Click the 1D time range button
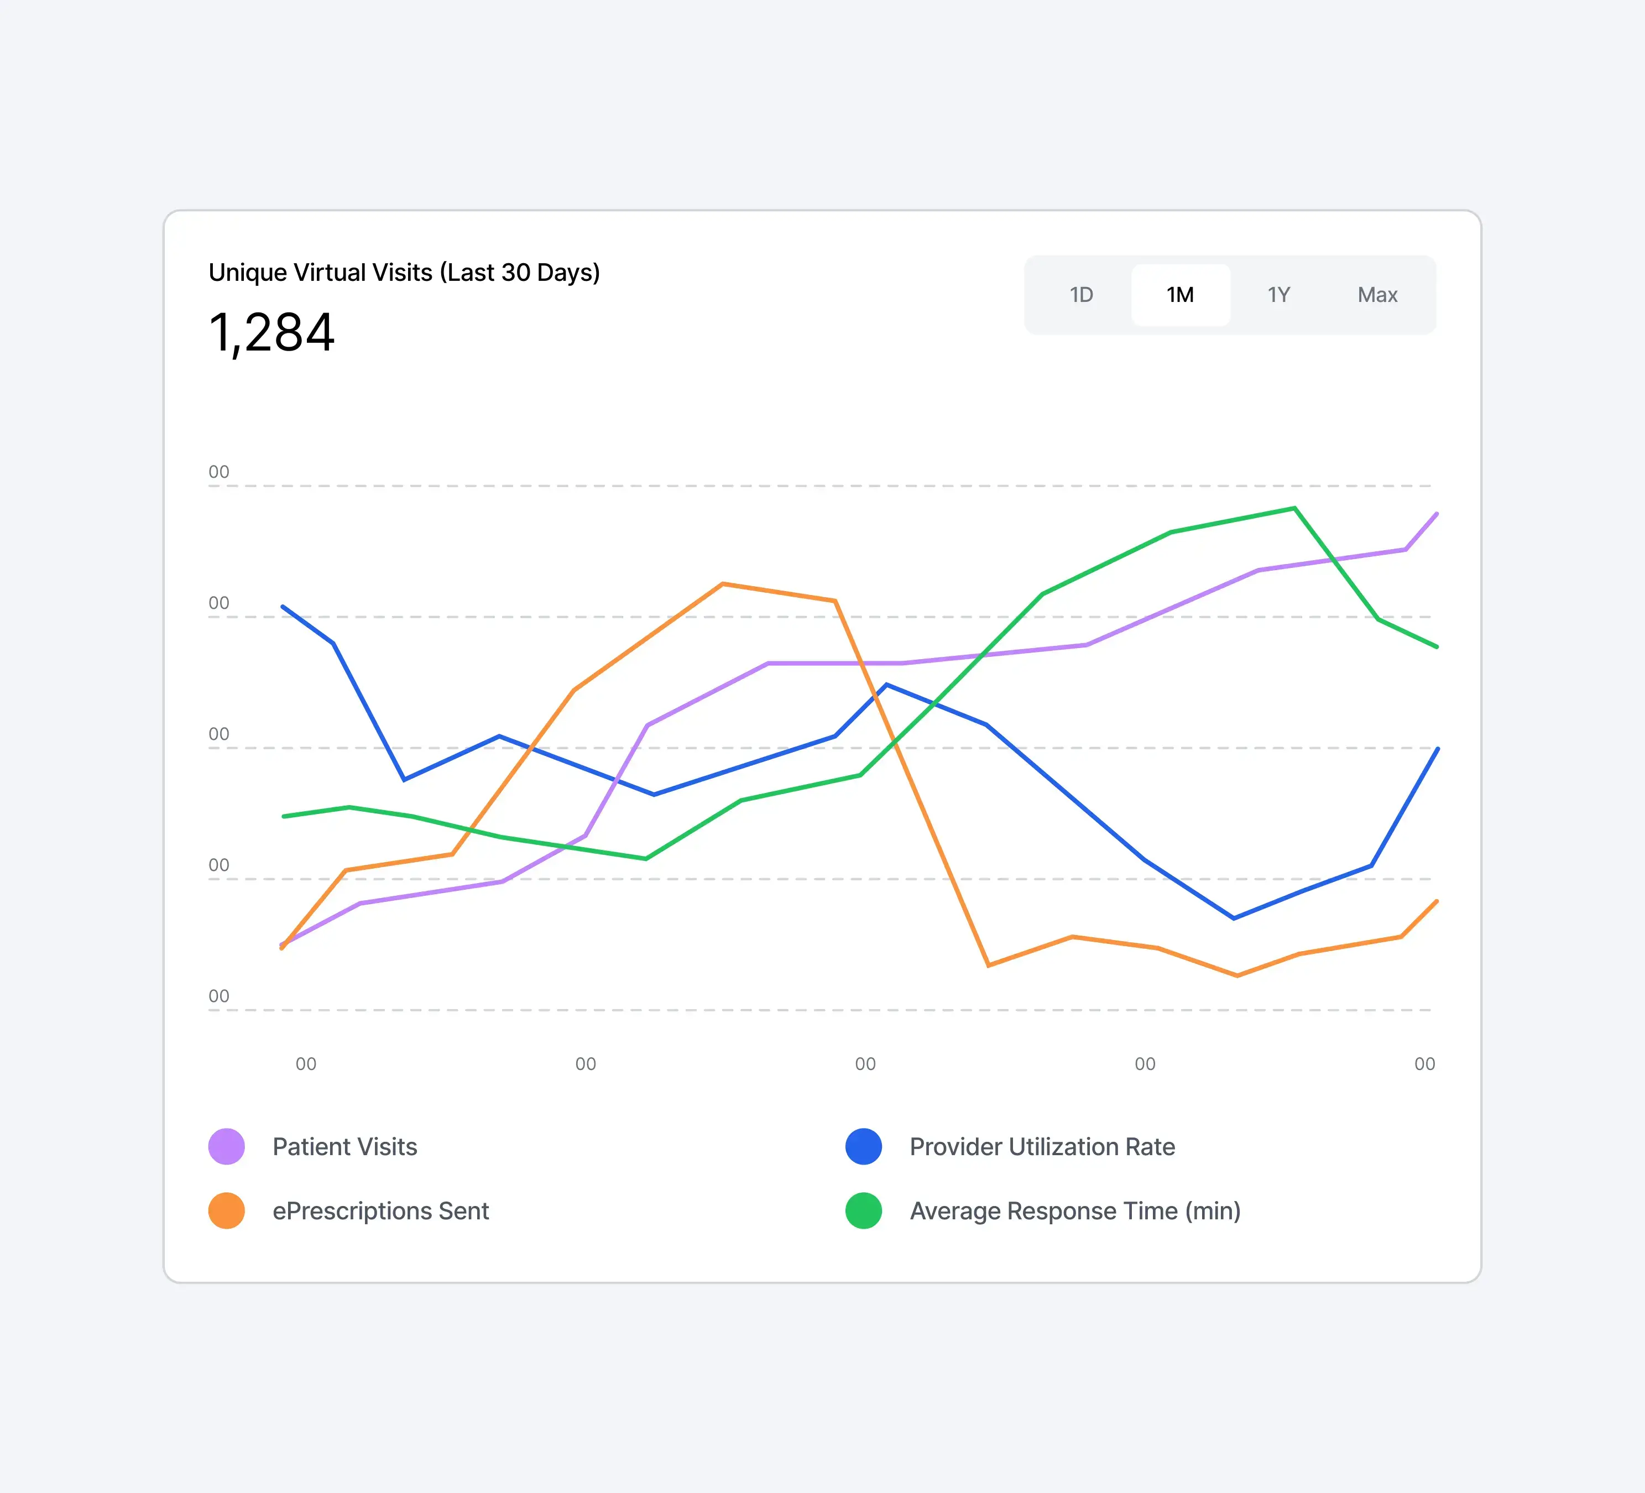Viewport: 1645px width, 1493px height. (x=1081, y=295)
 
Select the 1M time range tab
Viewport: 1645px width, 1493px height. (x=1180, y=295)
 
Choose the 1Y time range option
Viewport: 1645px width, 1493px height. (x=1278, y=295)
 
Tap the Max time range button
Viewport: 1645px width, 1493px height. (x=1377, y=295)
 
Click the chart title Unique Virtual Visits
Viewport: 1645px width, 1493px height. (x=404, y=273)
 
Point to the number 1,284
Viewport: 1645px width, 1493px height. (x=271, y=333)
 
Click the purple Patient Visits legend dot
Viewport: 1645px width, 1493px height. (x=227, y=1146)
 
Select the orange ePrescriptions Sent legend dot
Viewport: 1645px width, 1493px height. (x=227, y=1211)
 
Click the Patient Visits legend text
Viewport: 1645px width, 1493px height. (x=344, y=1146)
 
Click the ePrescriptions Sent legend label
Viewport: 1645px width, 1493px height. (x=380, y=1211)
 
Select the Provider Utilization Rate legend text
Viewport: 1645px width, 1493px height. (x=1042, y=1146)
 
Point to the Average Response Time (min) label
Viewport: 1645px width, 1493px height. (x=1074, y=1211)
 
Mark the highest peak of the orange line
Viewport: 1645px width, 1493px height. (x=723, y=584)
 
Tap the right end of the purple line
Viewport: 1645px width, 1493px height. (x=1436, y=514)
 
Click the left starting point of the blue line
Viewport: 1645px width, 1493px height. (x=283, y=607)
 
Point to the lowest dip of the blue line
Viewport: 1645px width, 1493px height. (x=1234, y=918)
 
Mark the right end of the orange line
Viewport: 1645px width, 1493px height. (x=1436, y=901)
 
